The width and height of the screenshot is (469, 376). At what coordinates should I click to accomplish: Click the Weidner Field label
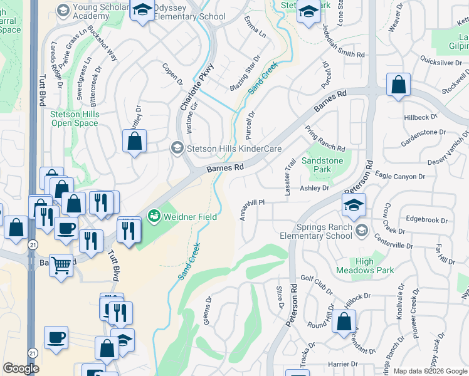(x=191, y=217)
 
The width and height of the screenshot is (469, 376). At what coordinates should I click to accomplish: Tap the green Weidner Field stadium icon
(x=154, y=216)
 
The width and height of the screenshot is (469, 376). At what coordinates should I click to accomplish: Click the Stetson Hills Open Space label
(x=74, y=119)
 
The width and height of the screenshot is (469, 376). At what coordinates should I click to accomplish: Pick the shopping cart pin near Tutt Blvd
(x=61, y=264)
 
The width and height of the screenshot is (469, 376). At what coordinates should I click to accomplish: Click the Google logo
(x=21, y=368)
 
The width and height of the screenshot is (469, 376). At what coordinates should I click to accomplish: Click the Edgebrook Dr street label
(x=426, y=220)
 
